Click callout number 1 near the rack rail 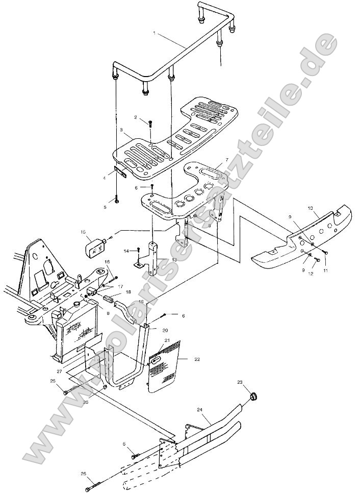pos(155,33)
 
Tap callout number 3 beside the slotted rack pos(121,131)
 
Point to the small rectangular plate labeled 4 pos(122,172)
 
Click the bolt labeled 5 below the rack pos(117,201)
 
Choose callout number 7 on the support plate pos(220,160)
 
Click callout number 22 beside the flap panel pos(197,359)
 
